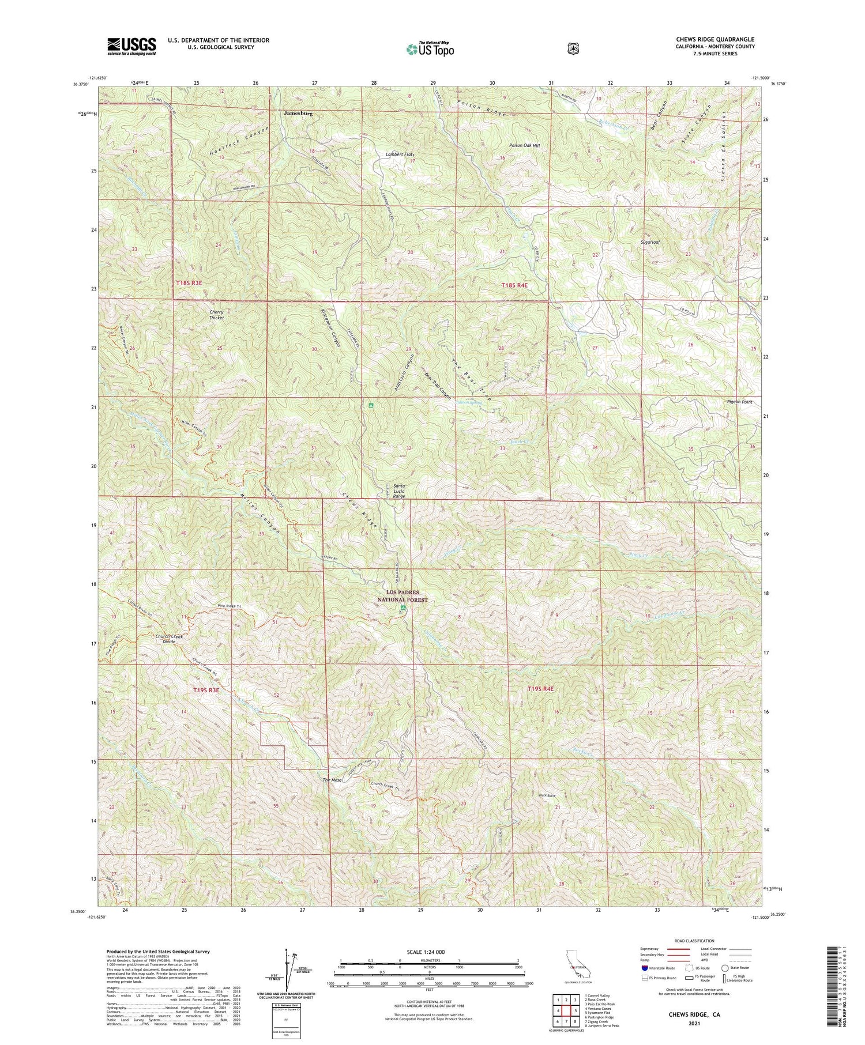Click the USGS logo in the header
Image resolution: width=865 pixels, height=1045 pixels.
pos(131,46)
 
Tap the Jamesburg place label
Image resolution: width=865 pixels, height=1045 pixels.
pos(298,114)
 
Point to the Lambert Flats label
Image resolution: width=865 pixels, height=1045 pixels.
pos(400,154)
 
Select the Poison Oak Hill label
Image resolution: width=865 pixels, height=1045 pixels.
pos(525,146)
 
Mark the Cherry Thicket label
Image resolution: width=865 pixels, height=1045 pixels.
pos(216,315)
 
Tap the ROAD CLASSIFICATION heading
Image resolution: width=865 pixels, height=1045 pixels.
pos(692,941)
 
